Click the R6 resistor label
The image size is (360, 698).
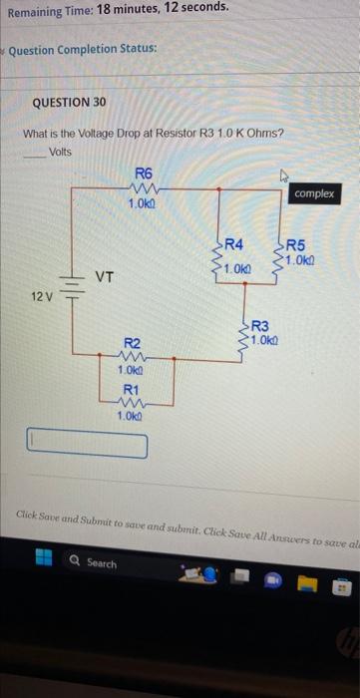tap(143, 173)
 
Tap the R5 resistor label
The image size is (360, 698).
tap(299, 244)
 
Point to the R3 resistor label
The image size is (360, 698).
tap(261, 325)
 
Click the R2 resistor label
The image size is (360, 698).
tap(131, 342)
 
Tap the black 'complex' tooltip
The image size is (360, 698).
tap(315, 194)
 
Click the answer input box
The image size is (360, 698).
tap(87, 444)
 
